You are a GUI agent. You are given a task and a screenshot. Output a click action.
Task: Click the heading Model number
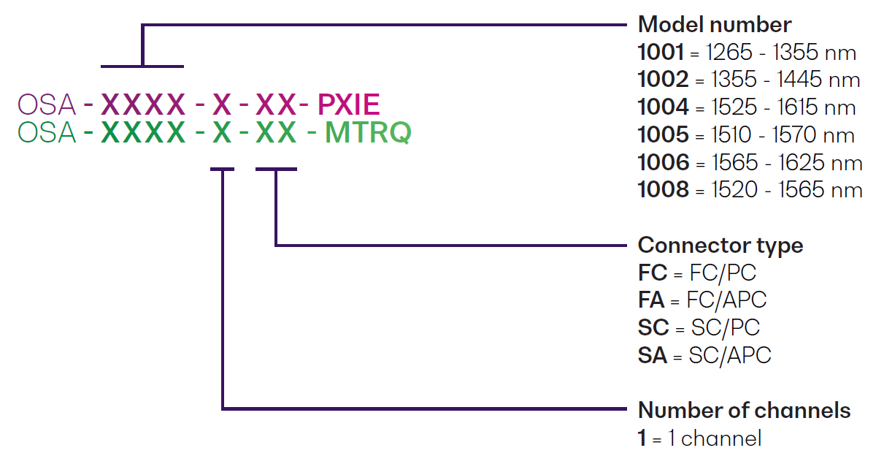(714, 25)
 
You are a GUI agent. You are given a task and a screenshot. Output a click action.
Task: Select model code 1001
(661, 53)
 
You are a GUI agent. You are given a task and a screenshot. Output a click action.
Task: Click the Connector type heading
(720, 246)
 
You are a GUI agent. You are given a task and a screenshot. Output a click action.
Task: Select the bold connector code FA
(652, 300)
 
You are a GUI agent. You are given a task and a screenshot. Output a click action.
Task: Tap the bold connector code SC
(653, 328)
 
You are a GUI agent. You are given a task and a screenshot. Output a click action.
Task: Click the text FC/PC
(723, 273)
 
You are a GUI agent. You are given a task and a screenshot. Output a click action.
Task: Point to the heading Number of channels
(744, 411)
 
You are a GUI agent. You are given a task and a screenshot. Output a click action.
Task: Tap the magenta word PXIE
(349, 106)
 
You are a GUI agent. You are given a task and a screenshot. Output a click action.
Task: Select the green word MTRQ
(368, 134)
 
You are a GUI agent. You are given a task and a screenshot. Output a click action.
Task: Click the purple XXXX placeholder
(143, 106)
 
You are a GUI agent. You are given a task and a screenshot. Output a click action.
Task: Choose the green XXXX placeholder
(143, 134)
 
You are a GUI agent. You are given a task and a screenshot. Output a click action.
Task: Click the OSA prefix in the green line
(47, 134)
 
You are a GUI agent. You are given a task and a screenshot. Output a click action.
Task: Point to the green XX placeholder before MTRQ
(276, 134)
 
